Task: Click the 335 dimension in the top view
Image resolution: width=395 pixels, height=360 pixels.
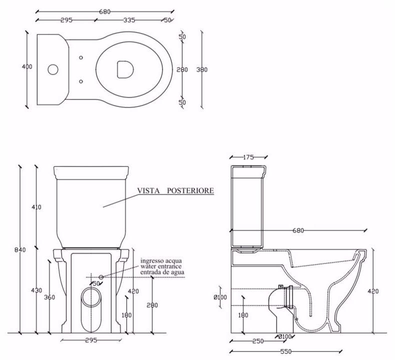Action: click(x=129, y=20)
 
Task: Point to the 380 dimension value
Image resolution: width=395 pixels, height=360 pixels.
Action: click(x=202, y=69)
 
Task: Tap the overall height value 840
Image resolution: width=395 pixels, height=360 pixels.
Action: click(x=20, y=249)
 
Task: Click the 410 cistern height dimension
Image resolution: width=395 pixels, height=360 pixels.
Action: click(x=36, y=207)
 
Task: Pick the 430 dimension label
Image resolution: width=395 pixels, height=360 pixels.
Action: click(x=36, y=290)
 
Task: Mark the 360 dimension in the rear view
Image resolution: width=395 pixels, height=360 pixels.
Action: click(x=49, y=297)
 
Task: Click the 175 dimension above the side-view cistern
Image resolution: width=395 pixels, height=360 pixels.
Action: click(x=248, y=157)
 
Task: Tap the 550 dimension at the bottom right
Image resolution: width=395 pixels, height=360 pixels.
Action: click(x=285, y=351)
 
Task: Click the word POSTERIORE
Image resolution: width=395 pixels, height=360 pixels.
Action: click(x=192, y=190)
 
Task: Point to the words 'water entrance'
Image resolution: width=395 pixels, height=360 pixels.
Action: click(x=161, y=266)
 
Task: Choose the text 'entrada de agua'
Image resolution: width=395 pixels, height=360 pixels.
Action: click(x=162, y=272)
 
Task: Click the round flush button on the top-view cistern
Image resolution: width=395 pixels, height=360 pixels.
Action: click(x=51, y=68)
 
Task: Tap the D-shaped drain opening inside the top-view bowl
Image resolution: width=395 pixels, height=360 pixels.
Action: click(x=123, y=69)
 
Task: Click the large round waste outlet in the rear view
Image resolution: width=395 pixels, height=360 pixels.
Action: click(x=91, y=296)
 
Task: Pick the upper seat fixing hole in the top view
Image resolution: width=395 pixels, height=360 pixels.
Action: click(x=81, y=57)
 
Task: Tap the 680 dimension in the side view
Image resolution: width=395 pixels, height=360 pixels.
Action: click(x=298, y=230)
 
